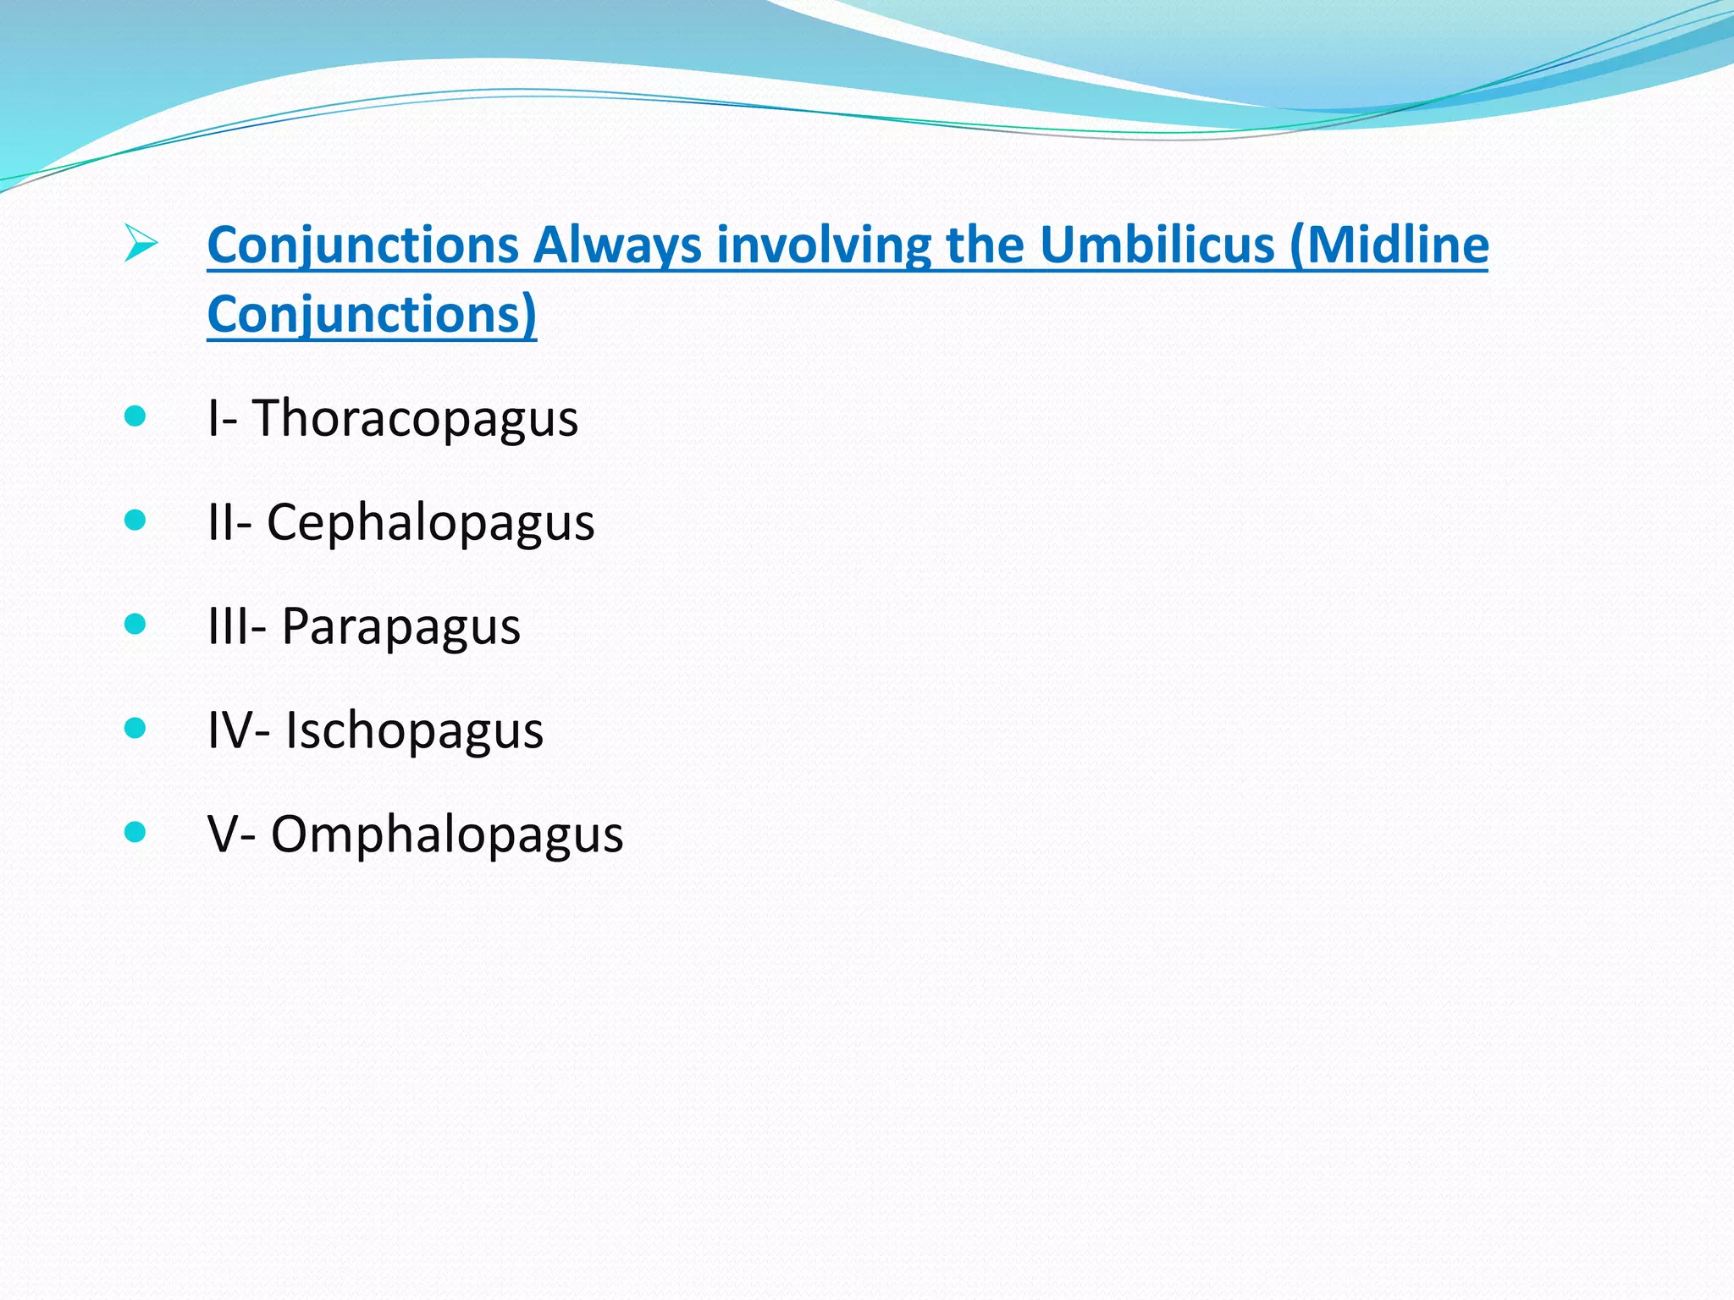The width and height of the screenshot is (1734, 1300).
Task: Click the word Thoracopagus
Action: point(415,419)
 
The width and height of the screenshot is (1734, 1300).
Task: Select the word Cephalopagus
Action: point(430,523)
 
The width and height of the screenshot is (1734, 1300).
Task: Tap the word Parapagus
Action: point(400,627)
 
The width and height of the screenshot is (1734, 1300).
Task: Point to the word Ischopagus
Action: point(414,730)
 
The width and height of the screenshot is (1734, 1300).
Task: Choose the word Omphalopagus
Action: point(446,835)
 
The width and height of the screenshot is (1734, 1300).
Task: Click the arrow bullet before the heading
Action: point(140,244)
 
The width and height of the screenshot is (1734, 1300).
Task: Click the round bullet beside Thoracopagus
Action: point(135,416)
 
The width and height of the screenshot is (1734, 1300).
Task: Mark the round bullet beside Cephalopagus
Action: point(135,520)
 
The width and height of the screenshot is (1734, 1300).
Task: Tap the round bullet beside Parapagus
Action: point(135,624)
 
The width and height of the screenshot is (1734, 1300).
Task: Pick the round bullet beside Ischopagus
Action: point(135,727)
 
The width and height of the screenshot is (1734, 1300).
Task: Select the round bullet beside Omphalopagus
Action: point(135,831)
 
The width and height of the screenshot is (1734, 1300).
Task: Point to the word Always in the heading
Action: point(617,245)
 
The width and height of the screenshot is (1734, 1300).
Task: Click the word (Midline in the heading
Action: point(1389,245)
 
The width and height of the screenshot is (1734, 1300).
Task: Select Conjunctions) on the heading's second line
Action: point(372,315)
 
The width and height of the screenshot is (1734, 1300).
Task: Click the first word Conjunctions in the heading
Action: point(362,245)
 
